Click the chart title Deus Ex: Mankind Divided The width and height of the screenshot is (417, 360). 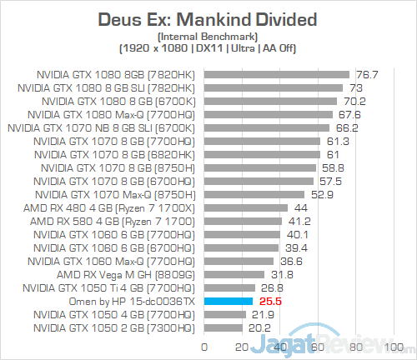(x=208, y=18)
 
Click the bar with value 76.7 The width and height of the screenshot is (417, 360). (x=276, y=73)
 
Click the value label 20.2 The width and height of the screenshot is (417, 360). (x=259, y=327)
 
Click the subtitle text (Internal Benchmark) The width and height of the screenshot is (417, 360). (x=208, y=36)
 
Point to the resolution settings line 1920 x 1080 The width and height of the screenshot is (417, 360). (x=208, y=47)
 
